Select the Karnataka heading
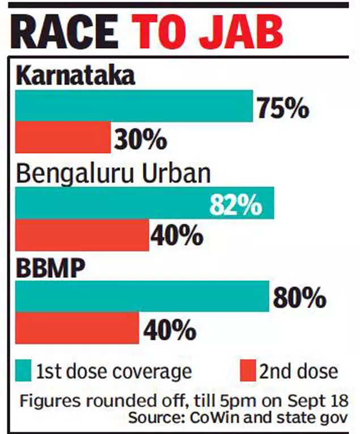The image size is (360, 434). tap(75, 75)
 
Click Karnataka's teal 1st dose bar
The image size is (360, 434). tap(133, 106)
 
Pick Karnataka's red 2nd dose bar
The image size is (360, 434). tap(62, 137)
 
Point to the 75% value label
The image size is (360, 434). tap(282, 107)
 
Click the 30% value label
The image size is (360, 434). tap(140, 138)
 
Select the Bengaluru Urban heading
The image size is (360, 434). tap(113, 173)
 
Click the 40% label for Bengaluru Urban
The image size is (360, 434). tap(177, 235)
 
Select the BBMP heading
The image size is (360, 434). tap(51, 269)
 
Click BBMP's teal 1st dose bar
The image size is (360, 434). tap(142, 296)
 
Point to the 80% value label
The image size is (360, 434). tap(299, 297)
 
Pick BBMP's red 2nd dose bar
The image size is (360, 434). tap(77, 328)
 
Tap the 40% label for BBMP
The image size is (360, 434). tap(168, 328)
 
